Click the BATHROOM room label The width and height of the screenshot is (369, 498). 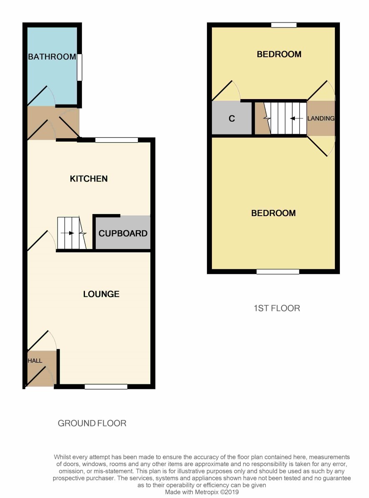click(52, 57)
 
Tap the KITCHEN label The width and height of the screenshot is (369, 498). click(89, 179)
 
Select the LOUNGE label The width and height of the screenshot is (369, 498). click(101, 294)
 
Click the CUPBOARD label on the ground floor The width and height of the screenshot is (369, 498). click(123, 234)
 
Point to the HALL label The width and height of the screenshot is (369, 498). click(35, 361)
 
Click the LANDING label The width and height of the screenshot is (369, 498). click(321, 119)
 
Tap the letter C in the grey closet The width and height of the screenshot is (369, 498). click(232, 119)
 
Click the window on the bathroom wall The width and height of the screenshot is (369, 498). click(80, 67)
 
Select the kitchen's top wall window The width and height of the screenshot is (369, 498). click(117, 140)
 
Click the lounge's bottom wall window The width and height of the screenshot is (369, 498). click(106, 386)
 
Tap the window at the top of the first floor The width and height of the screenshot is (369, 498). click(284, 25)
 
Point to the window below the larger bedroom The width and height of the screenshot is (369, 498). click(278, 271)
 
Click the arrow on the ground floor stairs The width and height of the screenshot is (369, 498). click(67, 233)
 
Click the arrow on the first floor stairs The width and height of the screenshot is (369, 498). click(297, 119)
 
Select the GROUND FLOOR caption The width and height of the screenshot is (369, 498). click(92, 423)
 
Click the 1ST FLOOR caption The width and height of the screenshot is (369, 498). click(277, 309)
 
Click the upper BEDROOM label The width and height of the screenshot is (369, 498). click(279, 54)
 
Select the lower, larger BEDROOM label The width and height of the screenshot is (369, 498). click(273, 213)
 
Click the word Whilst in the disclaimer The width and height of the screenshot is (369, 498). click(63, 457)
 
